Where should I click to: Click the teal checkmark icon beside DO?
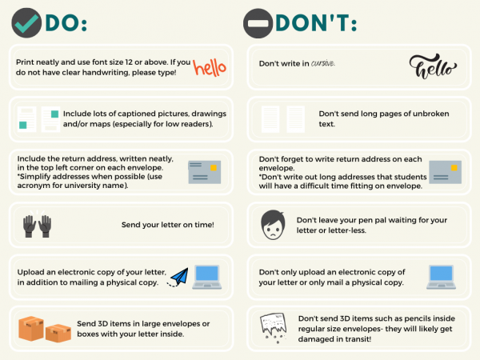click(x=26, y=23)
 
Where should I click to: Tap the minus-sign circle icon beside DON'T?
click(x=258, y=23)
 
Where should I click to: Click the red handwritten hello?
click(x=210, y=67)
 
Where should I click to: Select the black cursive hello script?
click(x=433, y=66)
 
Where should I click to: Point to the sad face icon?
click(x=273, y=225)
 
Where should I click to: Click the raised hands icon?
click(x=38, y=226)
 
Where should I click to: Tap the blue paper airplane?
click(x=179, y=277)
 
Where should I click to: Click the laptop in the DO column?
click(x=207, y=277)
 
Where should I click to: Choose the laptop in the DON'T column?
click(x=441, y=277)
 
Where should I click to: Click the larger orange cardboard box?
click(x=31, y=329)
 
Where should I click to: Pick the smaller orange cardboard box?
click(x=58, y=333)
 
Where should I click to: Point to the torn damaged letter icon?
click(x=273, y=327)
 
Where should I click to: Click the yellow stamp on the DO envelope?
click(x=214, y=168)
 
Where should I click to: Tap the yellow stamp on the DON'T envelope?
click(x=454, y=168)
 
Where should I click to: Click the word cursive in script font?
click(x=323, y=63)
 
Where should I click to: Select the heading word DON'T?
click(x=316, y=23)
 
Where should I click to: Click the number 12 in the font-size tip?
click(x=129, y=62)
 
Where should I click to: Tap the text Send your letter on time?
click(x=168, y=225)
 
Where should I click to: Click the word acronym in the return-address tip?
click(x=30, y=186)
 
